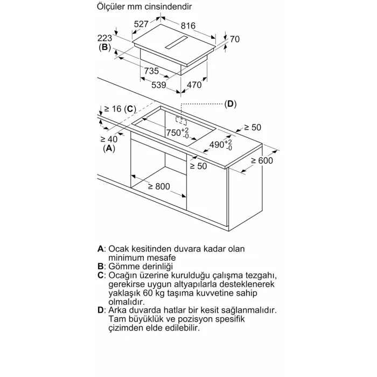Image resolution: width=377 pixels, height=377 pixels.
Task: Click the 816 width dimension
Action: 188,26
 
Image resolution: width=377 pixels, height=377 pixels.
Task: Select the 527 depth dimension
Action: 141,24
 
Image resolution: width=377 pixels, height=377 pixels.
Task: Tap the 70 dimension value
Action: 235,39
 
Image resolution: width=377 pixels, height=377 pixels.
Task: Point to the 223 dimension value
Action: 104,38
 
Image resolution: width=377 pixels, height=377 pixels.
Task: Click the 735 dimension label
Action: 151,71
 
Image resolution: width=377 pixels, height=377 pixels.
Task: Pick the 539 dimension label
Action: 159,85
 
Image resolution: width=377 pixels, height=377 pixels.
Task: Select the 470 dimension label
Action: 194,85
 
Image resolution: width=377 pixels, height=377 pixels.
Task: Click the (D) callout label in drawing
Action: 231,104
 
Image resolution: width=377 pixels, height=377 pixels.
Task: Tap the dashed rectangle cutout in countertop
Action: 181,121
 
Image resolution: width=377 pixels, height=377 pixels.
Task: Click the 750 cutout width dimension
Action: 178,133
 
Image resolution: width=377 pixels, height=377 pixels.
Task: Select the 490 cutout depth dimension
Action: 221,145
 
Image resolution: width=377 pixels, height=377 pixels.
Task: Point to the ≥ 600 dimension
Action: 262,160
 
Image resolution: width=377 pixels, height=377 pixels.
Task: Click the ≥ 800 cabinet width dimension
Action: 159,186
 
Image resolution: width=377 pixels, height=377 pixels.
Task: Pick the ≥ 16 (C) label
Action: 120,109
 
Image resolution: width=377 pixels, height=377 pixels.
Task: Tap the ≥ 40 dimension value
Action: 109,139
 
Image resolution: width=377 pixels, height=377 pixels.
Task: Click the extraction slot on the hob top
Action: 177,43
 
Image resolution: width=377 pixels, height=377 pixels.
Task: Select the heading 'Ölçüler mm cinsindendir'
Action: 144,6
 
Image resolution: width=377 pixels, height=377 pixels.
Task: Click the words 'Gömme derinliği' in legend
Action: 141,267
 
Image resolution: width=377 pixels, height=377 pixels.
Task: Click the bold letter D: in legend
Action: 102,310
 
